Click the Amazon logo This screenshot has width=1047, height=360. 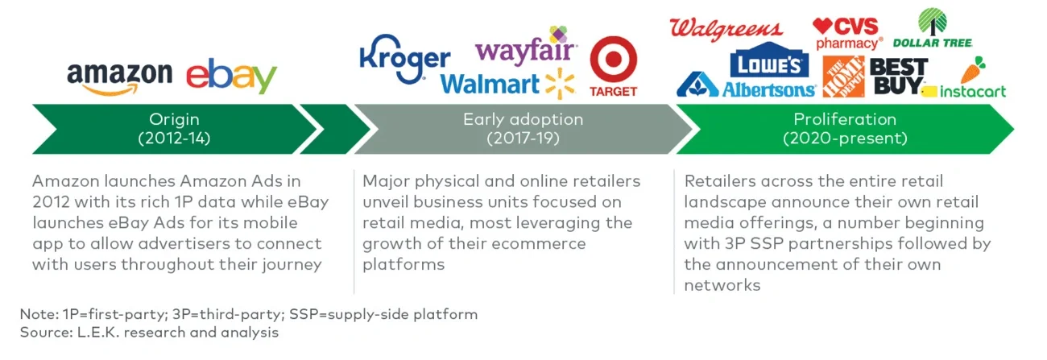119,77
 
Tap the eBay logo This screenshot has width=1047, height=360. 231,77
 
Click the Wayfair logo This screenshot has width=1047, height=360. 526,48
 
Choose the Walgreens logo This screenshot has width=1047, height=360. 726,29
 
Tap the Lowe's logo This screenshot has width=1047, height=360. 768,63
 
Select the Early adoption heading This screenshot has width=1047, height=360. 522,119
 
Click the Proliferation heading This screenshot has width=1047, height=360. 845,119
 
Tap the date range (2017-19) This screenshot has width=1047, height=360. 522,138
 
